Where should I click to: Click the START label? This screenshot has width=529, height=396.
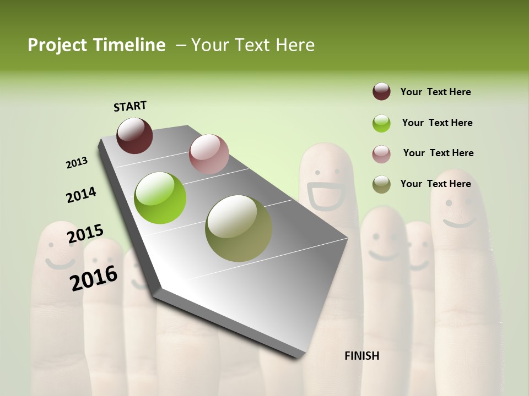(x=130, y=106)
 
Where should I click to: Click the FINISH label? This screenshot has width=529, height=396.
(x=361, y=356)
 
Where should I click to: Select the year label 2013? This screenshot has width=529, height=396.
(x=77, y=163)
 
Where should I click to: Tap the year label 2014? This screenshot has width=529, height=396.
(x=81, y=195)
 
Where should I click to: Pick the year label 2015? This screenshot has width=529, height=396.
(x=85, y=234)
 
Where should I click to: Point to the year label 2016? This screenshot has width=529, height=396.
(x=94, y=278)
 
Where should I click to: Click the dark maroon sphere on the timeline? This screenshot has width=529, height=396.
(x=134, y=135)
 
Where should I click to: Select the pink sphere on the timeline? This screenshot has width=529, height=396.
(x=209, y=154)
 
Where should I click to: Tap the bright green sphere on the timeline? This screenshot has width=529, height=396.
(x=160, y=198)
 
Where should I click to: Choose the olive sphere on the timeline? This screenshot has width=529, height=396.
(x=239, y=228)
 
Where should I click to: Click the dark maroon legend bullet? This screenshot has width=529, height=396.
(x=381, y=92)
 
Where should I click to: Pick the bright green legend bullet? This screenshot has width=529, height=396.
(x=381, y=123)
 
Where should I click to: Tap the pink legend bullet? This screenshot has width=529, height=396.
(x=381, y=154)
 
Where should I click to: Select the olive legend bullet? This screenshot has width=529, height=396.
(x=381, y=184)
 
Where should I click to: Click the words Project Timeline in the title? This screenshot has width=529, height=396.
(x=96, y=45)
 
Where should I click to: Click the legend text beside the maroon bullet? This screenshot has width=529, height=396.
(x=435, y=92)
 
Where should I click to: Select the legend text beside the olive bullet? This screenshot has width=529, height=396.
(x=435, y=184)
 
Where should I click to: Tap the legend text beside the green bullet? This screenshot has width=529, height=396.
(x=437, y=123)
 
